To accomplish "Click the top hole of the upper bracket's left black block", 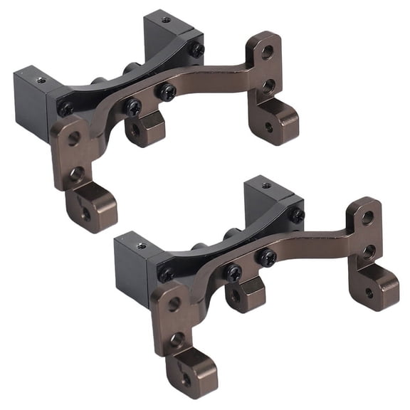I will click(41, 80).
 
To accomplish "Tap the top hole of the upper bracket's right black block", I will click(165, 20).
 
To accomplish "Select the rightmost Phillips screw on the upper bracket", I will click(196, 50).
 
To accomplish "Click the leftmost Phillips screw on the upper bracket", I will click(65, 109).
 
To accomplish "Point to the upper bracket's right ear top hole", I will click(267, 51).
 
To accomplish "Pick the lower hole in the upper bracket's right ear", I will click(268, 86).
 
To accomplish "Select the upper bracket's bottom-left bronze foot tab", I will click(90, 206).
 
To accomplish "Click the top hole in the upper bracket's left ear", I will click(74, 138).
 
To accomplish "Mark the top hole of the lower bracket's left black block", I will click(142, 246).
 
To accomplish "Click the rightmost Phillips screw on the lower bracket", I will click(296, 215).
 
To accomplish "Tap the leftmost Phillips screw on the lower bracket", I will click(165, 274).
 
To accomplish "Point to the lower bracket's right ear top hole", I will click(367, 217).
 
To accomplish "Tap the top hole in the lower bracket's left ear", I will click(174, 304).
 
